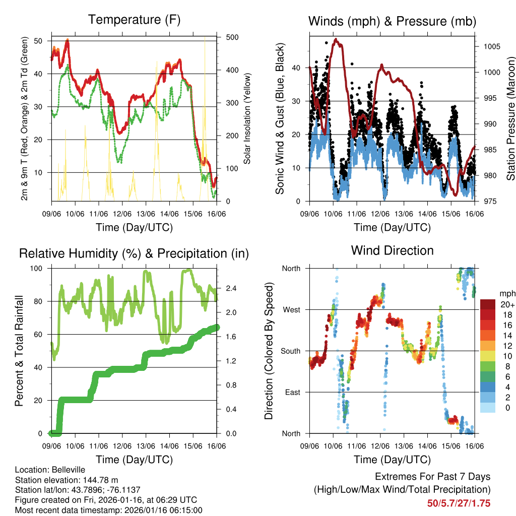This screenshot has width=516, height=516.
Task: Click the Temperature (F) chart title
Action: (x=134, y=20)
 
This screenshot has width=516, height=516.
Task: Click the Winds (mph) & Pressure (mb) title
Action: (x=392, y=21)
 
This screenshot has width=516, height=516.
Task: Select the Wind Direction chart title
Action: (x=392, y=250)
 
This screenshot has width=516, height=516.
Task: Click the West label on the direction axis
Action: (x=291, y=309)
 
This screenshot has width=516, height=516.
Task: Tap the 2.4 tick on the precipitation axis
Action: (x=227, y=289)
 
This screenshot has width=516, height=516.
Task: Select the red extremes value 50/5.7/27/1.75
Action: (x=459, y=503)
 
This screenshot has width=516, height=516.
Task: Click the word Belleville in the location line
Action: (x=67, y=470)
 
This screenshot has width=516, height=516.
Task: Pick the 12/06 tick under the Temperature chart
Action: (x=122, y=213)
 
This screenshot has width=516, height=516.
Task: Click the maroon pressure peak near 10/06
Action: (x=337, y=39)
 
